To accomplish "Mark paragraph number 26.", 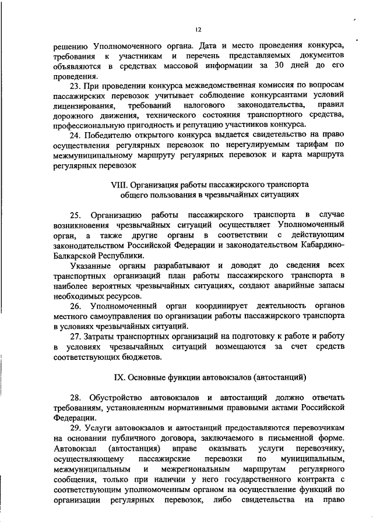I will click(x=78, y=305).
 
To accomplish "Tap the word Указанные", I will click(x=90, y=264).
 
